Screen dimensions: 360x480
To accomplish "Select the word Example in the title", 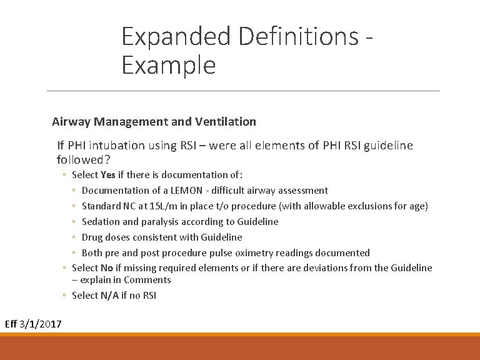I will [x=169, y=65].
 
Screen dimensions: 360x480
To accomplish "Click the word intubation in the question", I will [x=117, y=146].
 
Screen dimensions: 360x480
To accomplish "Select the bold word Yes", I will [x=108, y=175].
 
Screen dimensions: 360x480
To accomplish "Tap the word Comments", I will [x=147, y=280].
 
